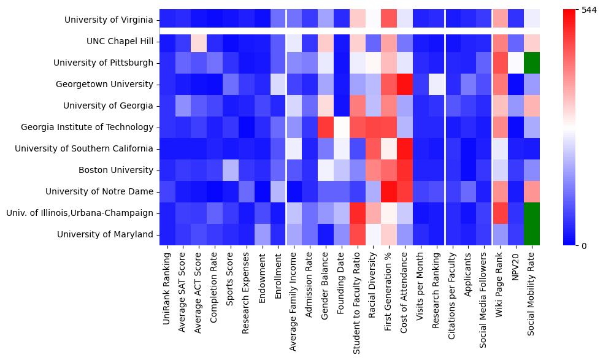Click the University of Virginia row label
click(108, 20)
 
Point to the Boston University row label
click(117, 170)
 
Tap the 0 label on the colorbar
click(584, 246)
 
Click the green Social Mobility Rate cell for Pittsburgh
click(533, 63)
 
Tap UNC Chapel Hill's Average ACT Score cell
click(199, 42)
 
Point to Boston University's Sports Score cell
click(231, 170)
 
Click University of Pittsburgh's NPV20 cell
click(517, 63)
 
